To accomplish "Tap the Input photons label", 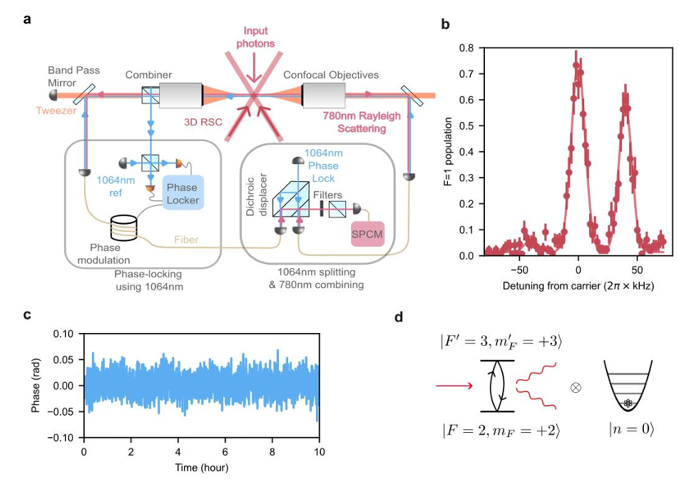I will (256, 38).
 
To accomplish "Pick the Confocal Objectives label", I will (331, 74).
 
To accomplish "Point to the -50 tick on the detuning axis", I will (519, 270).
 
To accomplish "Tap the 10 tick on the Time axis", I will (320, 451).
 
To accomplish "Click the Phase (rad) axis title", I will (44, 385).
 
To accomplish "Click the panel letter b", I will (446, 24).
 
